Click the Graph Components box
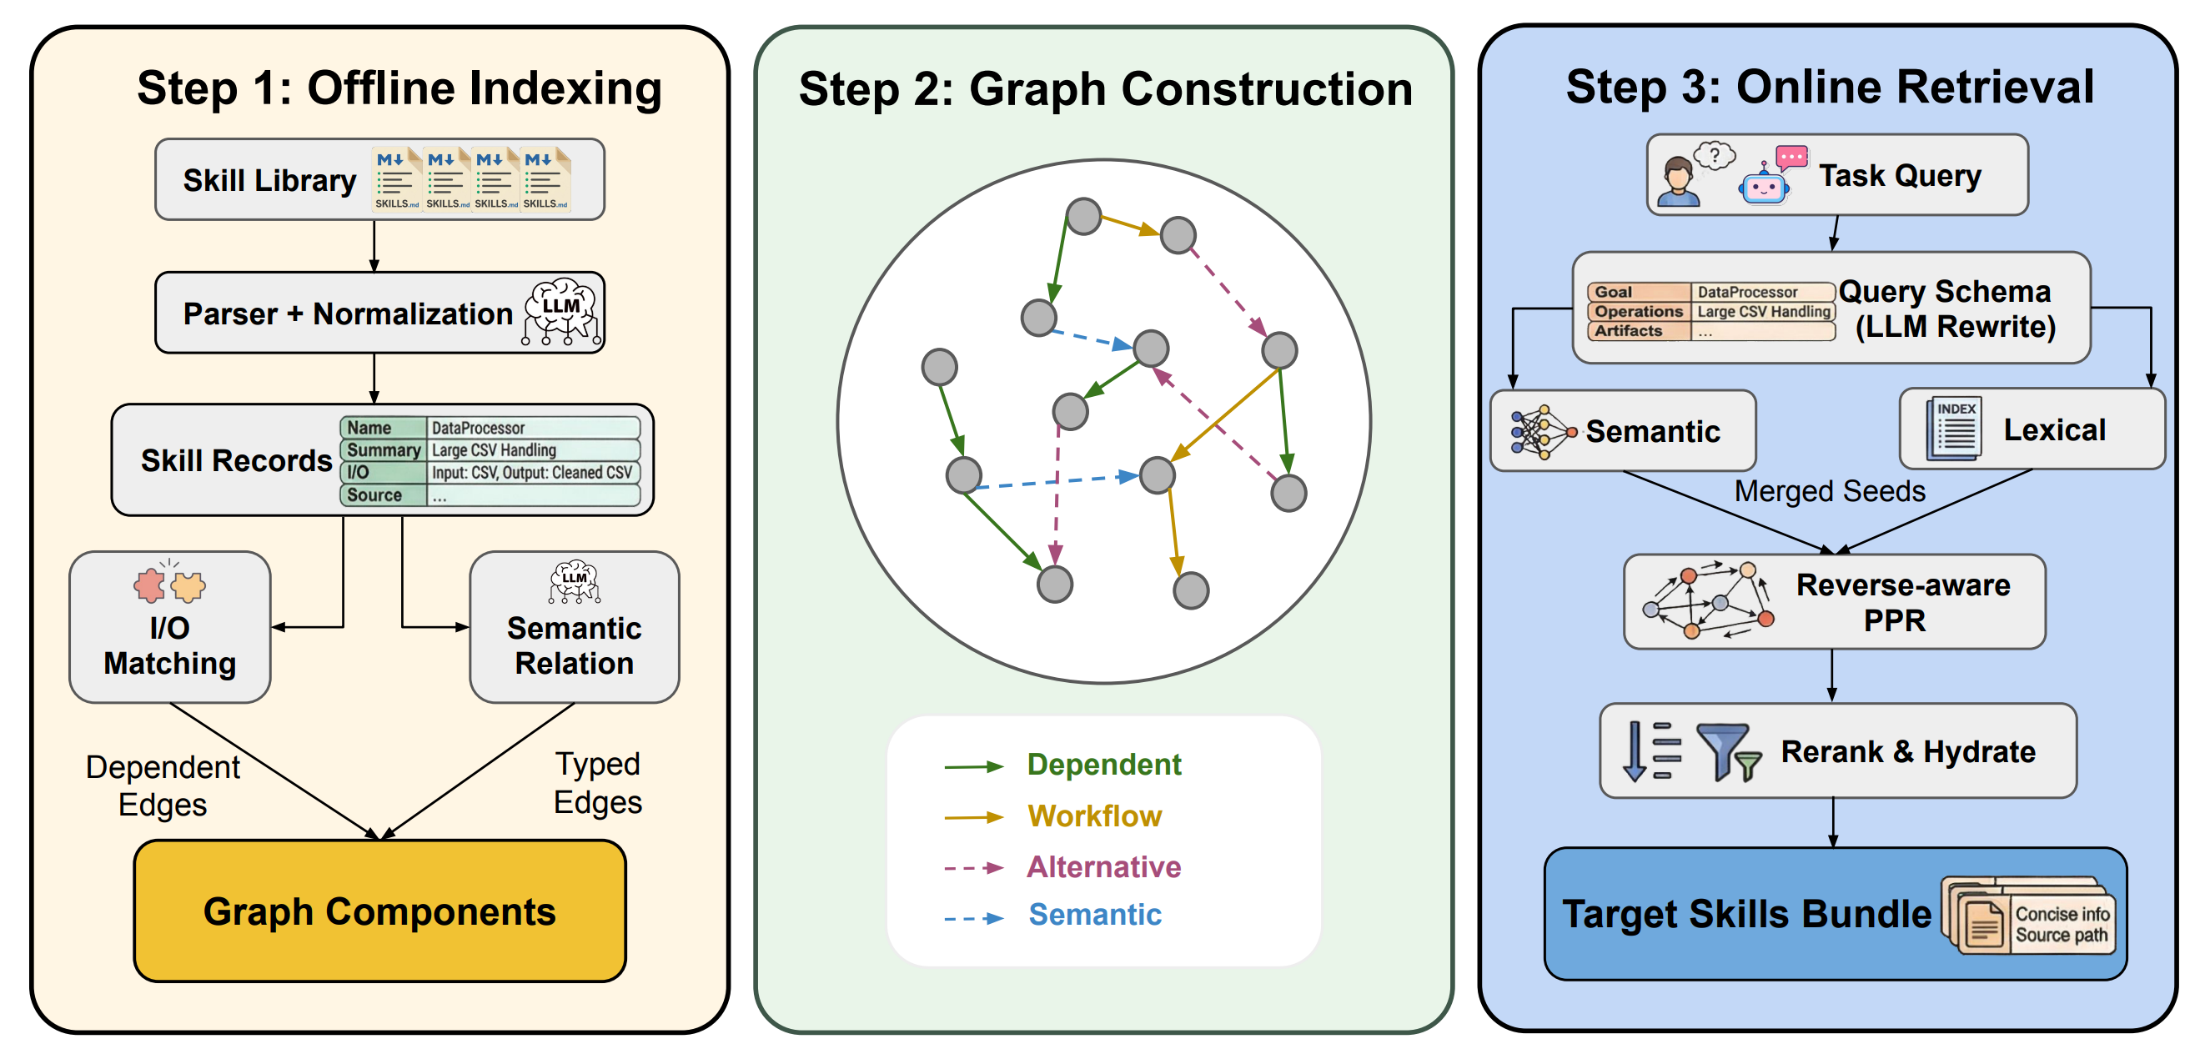[x=379, y=911]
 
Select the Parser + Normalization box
[x=379, y=314]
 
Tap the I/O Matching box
[x=169, y=628]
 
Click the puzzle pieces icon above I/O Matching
[x=169, y=585]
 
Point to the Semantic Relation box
[x=574, y=628]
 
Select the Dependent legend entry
[x=1103, y=765]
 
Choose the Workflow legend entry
[x=1094, y=816]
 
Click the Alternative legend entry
[x=1103, y=867]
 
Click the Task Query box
[x=1837, y=175]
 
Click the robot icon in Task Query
[x=1765, y=182]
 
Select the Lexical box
[x=2032, y=429]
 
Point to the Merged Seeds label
[x=1829, y=491]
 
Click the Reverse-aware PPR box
[x=1834, y=602]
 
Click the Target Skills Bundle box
[x=1835, y=913]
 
